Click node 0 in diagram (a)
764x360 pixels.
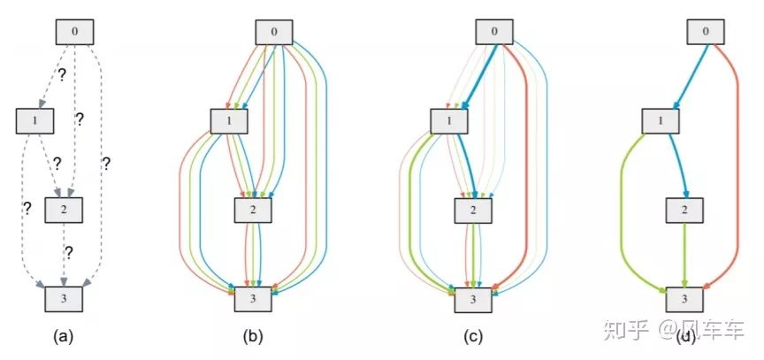(75, 31)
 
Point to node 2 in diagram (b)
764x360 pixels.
(253, 210)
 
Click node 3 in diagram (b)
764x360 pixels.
(253, 299)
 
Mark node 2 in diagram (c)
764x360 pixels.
(473, 210)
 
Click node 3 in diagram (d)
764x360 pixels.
(684, 299)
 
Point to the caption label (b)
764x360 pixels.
(251, 336)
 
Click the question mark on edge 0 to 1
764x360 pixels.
(62, 75)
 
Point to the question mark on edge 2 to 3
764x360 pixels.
(69, 252)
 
